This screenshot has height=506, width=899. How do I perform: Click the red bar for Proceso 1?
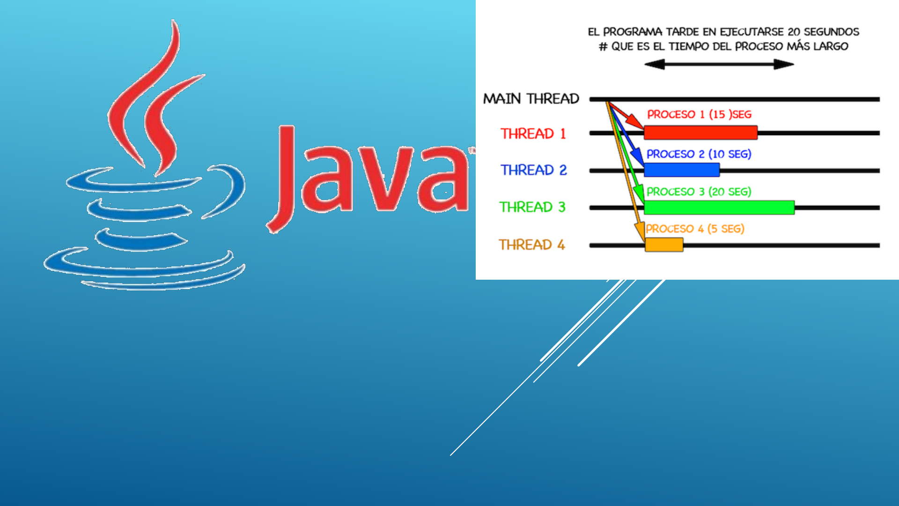(700, 133)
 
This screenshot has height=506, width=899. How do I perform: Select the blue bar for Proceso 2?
(682, 170)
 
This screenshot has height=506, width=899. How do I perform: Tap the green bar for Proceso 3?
(719, 207)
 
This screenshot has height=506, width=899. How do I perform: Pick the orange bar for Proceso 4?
(664, 245)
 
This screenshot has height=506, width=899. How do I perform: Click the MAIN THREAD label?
(531, 98)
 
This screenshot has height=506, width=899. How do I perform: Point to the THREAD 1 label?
(533, 134)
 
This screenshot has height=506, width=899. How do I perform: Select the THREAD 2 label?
(534, 170)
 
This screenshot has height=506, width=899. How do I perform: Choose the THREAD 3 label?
(532, 207)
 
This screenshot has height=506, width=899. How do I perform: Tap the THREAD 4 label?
(532, 245)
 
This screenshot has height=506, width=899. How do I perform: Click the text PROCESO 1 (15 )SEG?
(699, 114)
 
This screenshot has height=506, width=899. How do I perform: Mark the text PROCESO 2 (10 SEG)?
(699, 154)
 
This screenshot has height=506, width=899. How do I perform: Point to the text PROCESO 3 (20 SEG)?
(699, 192)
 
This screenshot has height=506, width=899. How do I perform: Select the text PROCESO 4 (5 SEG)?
(695, 229)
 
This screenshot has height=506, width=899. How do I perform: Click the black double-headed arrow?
(719, 64)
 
